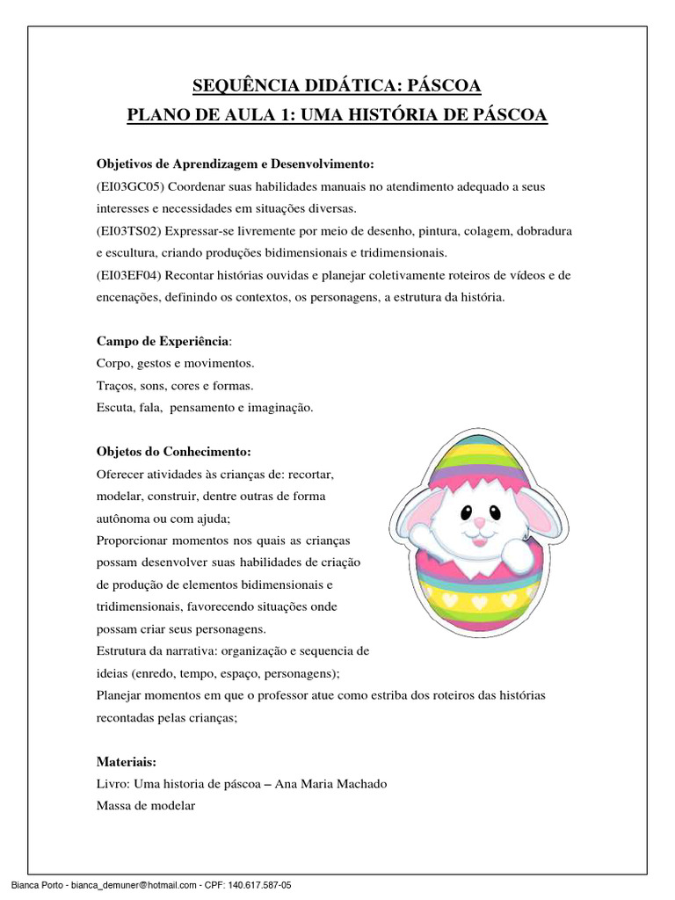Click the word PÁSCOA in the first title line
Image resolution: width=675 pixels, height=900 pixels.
pos(445,86)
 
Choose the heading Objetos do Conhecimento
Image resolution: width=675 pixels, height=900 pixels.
pos(173,452)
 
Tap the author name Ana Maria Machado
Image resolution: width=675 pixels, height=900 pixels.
pos(337,783)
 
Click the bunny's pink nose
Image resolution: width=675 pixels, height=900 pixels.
pos(479,523)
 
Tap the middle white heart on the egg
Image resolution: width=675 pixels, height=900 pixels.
pos(480,603)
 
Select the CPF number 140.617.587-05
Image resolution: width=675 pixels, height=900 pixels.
pos(256,885)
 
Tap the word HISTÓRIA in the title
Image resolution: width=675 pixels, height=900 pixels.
pos(403,115)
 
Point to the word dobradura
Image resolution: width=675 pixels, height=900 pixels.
pos(541,231)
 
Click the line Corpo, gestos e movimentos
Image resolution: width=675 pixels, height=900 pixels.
pos(174,363)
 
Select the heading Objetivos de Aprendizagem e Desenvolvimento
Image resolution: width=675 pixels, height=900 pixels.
pos(236,165)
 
